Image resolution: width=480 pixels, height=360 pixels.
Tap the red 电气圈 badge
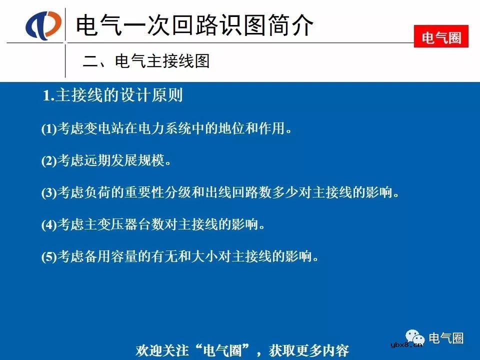click(441, 37)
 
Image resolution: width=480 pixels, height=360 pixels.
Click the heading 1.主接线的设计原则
click(113, 95)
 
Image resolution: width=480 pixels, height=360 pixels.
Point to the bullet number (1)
click(49, 129)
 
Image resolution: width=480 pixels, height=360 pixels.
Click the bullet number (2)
click(49, 161)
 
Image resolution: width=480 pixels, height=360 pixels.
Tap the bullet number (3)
click(49, 193)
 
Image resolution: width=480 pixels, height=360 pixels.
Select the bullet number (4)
click(49, 225)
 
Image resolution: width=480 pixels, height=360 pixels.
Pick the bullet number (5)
click(49, 257)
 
